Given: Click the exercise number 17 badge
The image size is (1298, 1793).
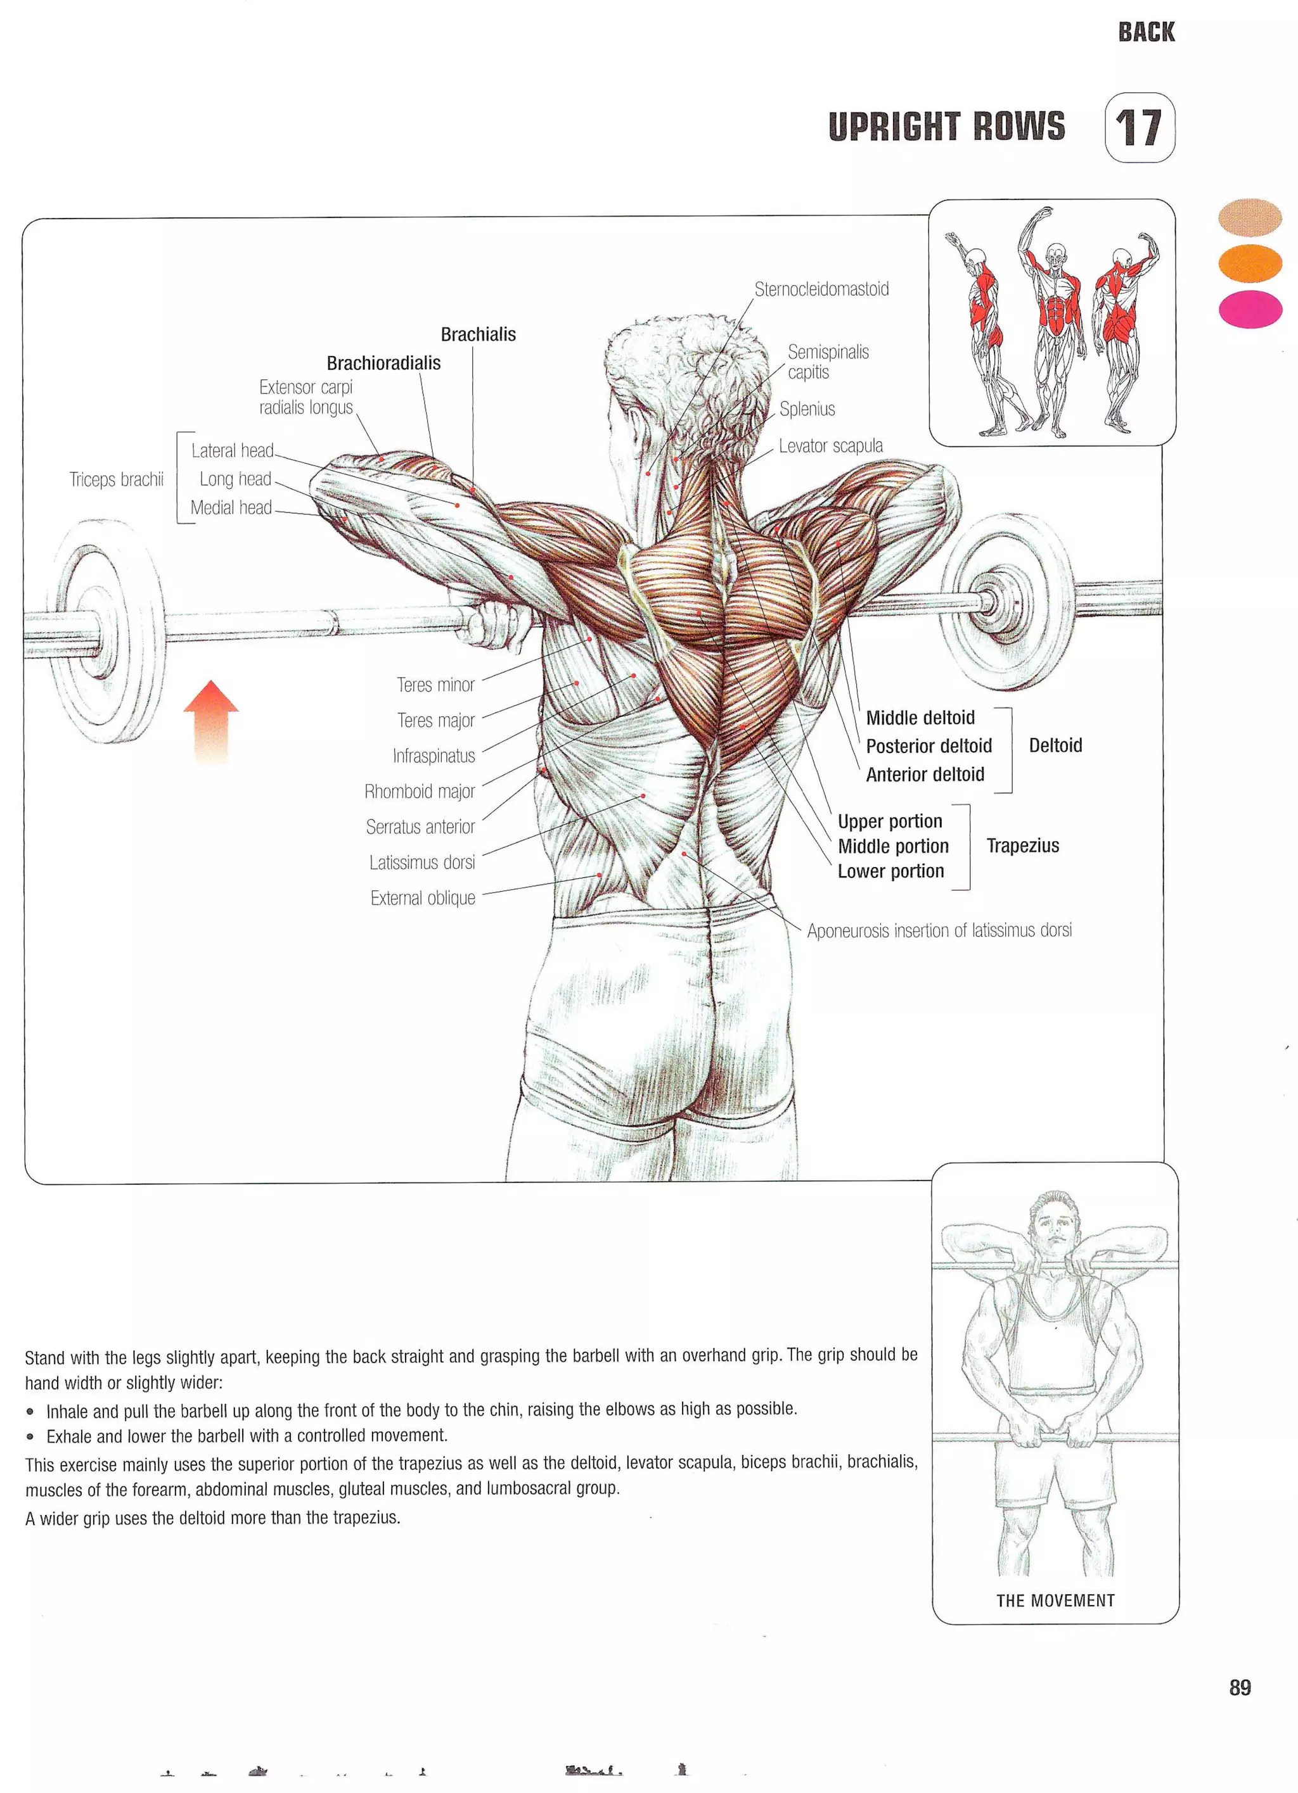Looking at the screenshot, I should click(1139, 128).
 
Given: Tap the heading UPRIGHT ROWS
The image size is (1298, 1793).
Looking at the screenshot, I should click(946, 127).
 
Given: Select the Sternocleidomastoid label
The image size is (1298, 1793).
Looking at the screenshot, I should click(821, 289).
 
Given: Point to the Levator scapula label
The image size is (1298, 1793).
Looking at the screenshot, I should click(830, 446).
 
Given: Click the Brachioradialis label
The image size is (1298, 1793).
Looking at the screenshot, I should click(383, 363).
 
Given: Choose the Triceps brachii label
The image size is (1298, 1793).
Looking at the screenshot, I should click(116, 479).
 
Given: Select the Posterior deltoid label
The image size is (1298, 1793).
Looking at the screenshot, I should click(929, 746).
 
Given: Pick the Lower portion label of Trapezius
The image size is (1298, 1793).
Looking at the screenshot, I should click(890, 871).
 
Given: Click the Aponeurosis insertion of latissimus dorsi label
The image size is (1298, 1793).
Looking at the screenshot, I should click(939, 930).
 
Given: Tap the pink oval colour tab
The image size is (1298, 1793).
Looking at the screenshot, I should click(1250, 308).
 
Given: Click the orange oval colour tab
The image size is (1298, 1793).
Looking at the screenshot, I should click(1250, 263).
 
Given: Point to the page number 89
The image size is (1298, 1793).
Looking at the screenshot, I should click(1240, 1688).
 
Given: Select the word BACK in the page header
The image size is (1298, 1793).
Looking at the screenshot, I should click(1146, 32).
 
